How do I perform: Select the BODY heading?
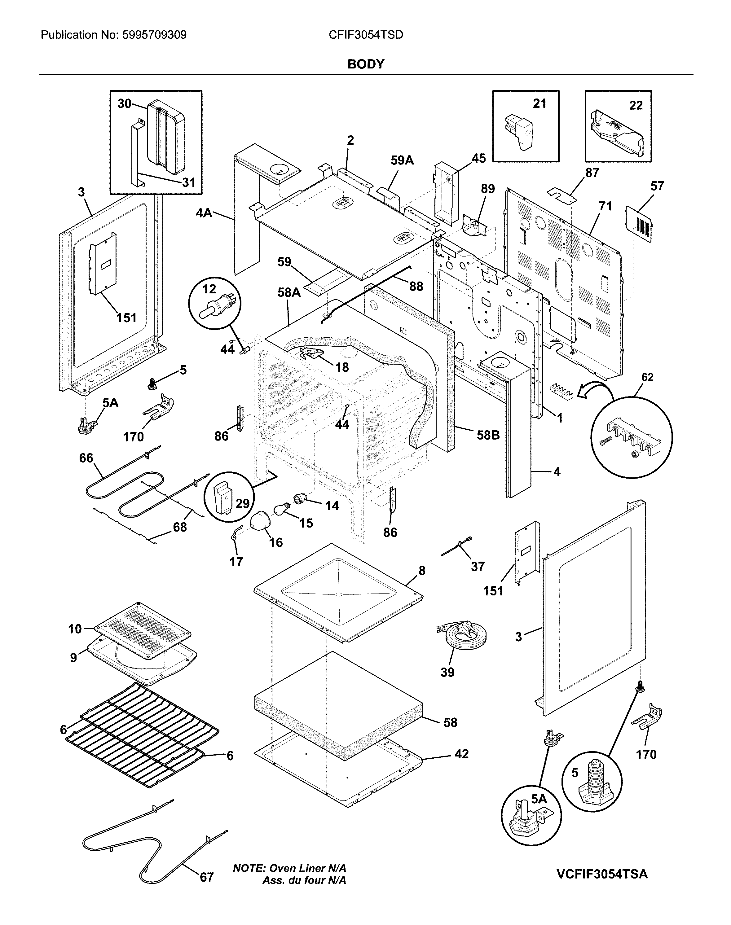point(366,64)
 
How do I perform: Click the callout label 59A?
point(402,160)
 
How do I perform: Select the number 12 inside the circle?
point(209,289)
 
